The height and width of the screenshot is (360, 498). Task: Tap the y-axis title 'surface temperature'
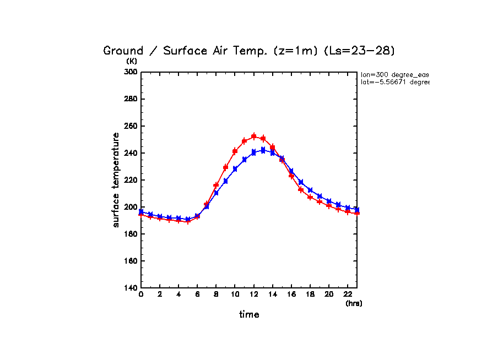116,180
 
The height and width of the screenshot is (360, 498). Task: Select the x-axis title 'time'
249,314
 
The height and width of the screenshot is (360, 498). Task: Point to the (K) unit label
132,61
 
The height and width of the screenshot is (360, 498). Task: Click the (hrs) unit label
354,303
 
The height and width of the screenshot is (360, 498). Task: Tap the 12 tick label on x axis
253,295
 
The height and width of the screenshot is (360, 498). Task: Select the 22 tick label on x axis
348,295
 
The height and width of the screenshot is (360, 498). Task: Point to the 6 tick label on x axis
197,295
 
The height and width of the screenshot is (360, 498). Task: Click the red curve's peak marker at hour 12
253,136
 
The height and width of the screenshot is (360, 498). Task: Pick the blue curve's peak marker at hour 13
263,150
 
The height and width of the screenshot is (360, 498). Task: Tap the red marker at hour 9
225,167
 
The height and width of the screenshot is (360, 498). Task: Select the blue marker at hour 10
235,169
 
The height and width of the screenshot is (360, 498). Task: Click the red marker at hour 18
310,197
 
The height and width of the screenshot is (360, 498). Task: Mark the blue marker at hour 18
310,190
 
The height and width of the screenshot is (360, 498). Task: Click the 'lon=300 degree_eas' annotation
394,74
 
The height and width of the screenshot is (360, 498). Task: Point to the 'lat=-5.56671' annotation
394,82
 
